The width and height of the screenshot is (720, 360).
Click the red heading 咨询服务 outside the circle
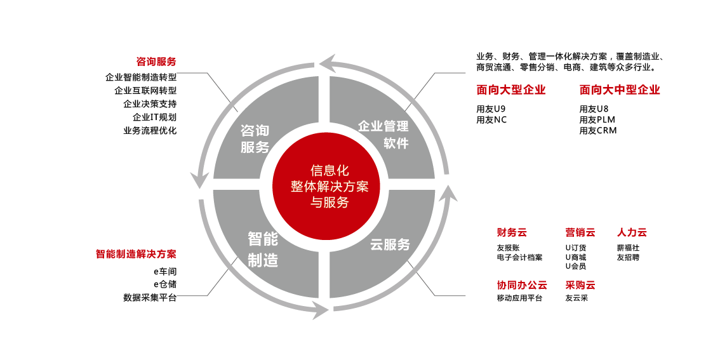pyautogui.click(x=156, y=62)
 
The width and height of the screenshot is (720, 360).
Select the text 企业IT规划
pyautogui.click(x=154, y=117)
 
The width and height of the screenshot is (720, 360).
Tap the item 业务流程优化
pyautogui.click(x=150, y=131)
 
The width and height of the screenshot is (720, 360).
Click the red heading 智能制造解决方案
pyautogui.click(x=136, y=254)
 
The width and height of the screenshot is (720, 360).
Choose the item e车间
pyautogui.click(x=164, y=271)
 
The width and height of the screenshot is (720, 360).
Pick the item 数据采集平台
pyautogui.click(x=150, y=297)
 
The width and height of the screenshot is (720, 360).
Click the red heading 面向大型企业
pyautogui.click(x=511, y=90)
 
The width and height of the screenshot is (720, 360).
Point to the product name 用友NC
pyautogui.click(x=491, y=119)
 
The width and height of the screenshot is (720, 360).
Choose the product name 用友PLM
pyautogui.click(x=597, y=119)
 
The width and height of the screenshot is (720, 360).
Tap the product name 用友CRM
pyautogui.click(x=597, y=131)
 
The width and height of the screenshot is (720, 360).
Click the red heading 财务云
pyautogui.click(x=512, y=232)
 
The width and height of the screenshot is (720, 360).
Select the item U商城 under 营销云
pyautogui.click(x=575, y=257)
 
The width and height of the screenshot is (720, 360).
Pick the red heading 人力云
pyautogui.click(x=632, y=232)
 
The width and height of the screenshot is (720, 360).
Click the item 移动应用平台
pyautogui.click(x=519, y=298)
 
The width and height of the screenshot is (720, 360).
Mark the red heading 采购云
pyautogui.click(x=580, y=285)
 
